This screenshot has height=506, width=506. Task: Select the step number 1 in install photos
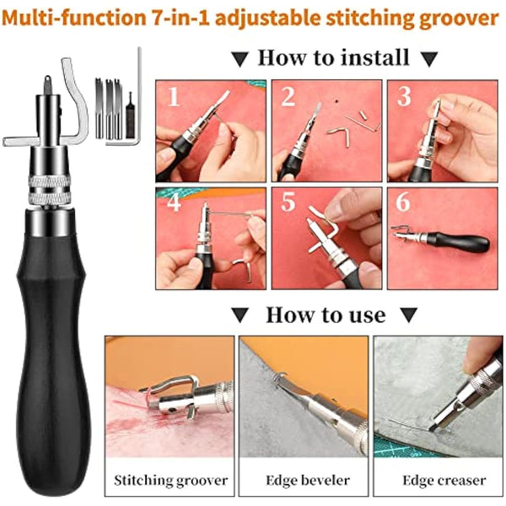pos(175,98)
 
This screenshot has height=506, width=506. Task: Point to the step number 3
pos(404,98)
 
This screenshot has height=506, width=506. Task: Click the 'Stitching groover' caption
pos(171,480)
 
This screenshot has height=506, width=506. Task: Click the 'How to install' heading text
pos(332,58)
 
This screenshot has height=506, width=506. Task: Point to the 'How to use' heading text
pos(326,315)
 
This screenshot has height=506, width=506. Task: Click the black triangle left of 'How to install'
pos(240,59)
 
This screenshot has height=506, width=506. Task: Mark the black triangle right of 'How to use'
pos(411,316)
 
